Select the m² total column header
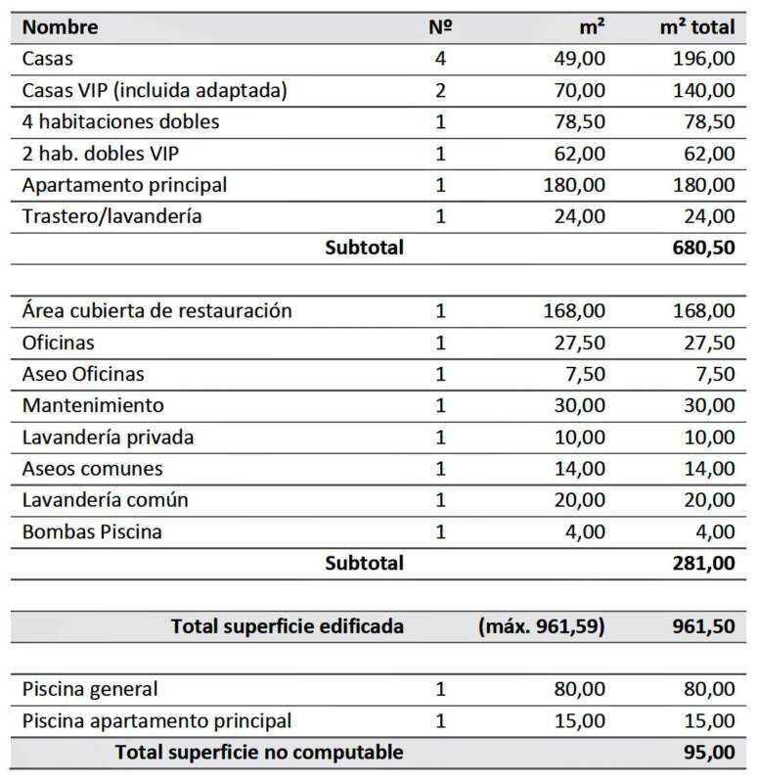coord(697,26)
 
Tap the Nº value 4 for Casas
coord(439,59)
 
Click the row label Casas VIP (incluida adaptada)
coord(155,91)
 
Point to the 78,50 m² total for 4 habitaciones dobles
coord(703,122)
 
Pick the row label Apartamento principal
coord(124,185)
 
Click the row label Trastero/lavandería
coord(111,216)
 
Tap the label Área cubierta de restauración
coord(156,311)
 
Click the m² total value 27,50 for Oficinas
coord(703,343)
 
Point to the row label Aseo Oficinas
coord(83,374)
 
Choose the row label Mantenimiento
coord(93,405)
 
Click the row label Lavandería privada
coord(108,437)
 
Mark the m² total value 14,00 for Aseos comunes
coord(703,469)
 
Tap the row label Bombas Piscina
coord(92,531)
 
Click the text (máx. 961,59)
coord(542,626)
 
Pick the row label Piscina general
coord(90,689)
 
